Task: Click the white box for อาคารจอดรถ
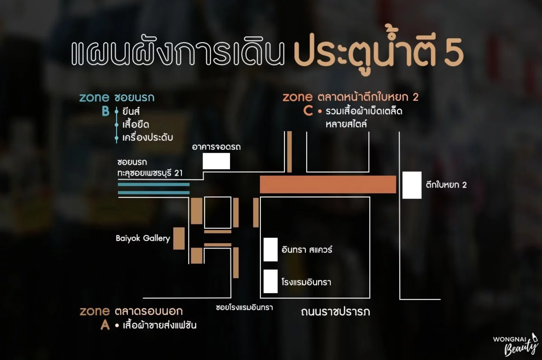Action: (x=216, y=161)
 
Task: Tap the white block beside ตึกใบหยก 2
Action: (x=412, y=185)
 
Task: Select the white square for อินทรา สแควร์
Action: (x=270, y=249)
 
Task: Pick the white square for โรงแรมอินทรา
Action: (x=270, y=281)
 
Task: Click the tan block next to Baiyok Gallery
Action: (x=179, y=238)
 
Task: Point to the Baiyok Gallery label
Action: (x=143, y=238)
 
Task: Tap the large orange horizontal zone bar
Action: (x=328, y=184)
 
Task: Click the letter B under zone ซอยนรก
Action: (x=106, y=111)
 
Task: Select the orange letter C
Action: (x=308, y=111)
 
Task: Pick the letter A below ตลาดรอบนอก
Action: (x=105, y=325)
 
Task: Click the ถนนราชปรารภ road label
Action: (x=335, y=312)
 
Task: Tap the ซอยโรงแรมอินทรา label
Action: (x=244, y=307)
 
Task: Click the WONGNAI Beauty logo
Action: (x=515, y=344)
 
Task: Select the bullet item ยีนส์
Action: (x=131, y=111)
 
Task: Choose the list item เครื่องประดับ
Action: (x=148, y=138)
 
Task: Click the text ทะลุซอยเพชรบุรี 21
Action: (x=150, y=173)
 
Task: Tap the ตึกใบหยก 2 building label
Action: (x=446, y=185)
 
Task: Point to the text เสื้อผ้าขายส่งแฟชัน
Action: (x=160, y=325)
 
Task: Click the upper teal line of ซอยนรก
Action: (x=154, y=185)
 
